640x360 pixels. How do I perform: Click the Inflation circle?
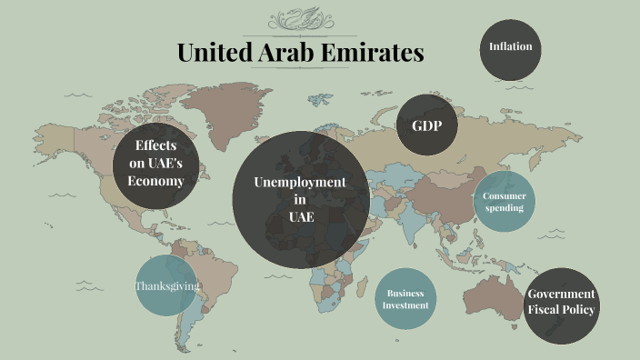coord(511,47)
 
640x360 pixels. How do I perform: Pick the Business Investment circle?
coord(405,299)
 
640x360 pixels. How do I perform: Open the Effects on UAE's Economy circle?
coord(155,164)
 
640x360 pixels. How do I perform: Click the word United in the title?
coord(208,53)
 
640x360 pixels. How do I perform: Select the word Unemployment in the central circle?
coord(300,183)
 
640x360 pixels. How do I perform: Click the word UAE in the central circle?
coord(300,217)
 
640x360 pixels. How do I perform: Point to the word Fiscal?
coord(545,311)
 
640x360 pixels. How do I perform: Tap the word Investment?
coord(405,305)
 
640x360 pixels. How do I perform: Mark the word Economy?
coord(155,181)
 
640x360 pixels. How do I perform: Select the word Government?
coord(562,295)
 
